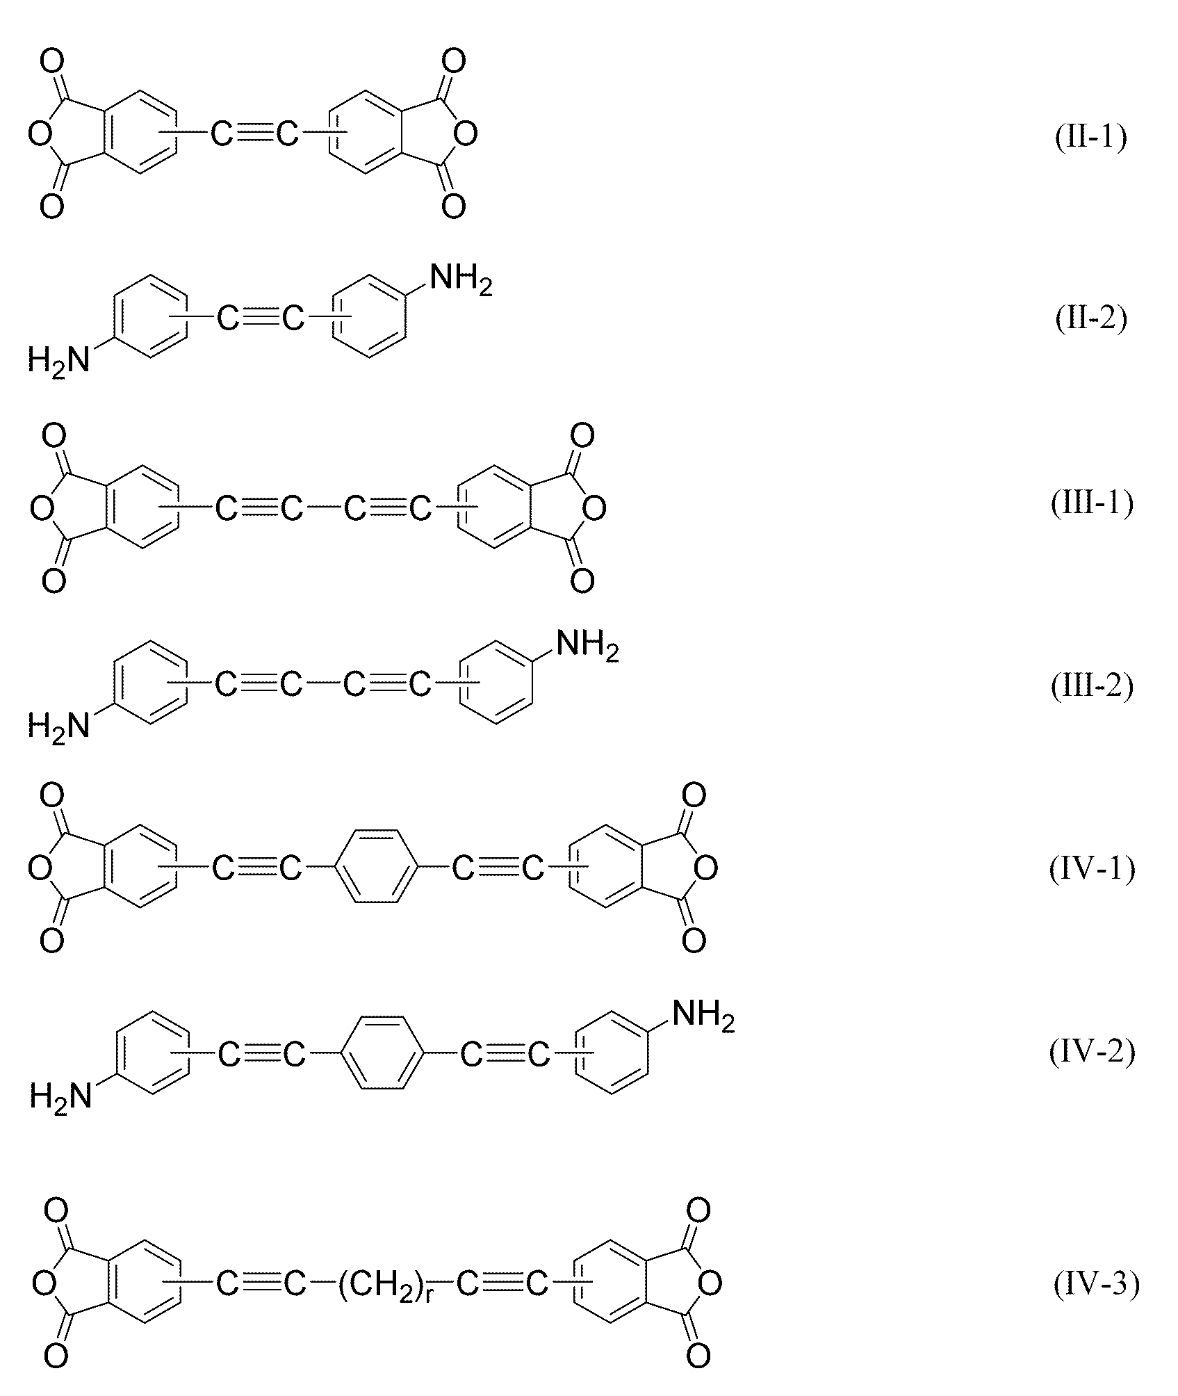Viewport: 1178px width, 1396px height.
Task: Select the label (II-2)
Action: [1090, 318]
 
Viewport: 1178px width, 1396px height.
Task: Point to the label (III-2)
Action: [1092, 685]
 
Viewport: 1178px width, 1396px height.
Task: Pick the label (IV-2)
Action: [1092, 1051]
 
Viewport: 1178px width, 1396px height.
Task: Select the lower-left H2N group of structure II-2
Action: [59, 360]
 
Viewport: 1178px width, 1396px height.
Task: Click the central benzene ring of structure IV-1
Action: [377, 867]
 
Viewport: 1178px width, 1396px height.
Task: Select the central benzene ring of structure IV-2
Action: [382, 1055]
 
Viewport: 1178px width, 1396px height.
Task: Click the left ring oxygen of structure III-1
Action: [42, 510]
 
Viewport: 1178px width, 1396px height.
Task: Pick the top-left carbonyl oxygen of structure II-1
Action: [51, 62]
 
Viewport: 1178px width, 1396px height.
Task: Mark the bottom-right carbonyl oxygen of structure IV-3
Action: [698, 1356]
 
